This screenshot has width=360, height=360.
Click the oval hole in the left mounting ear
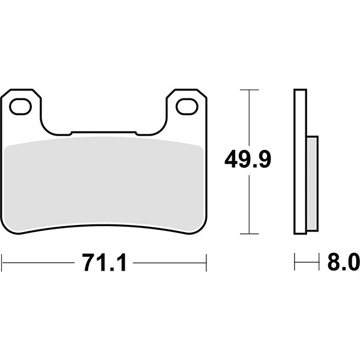(21, 106)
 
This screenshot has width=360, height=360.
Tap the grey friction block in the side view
(312, 183)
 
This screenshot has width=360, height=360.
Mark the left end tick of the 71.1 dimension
(2, 262)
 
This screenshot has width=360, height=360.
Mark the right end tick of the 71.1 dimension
(206, 262)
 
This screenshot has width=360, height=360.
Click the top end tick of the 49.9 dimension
(249, 89)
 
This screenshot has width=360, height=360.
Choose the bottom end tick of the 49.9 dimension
(249, 233)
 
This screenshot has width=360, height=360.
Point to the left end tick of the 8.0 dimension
(295, 262)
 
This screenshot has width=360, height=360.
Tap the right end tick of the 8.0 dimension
(318, 262)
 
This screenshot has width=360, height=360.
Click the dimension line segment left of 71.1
(39, 262)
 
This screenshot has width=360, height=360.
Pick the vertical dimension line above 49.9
(249, 117)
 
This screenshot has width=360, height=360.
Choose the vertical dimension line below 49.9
(249, 204)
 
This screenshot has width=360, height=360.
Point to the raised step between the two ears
(103, 131)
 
